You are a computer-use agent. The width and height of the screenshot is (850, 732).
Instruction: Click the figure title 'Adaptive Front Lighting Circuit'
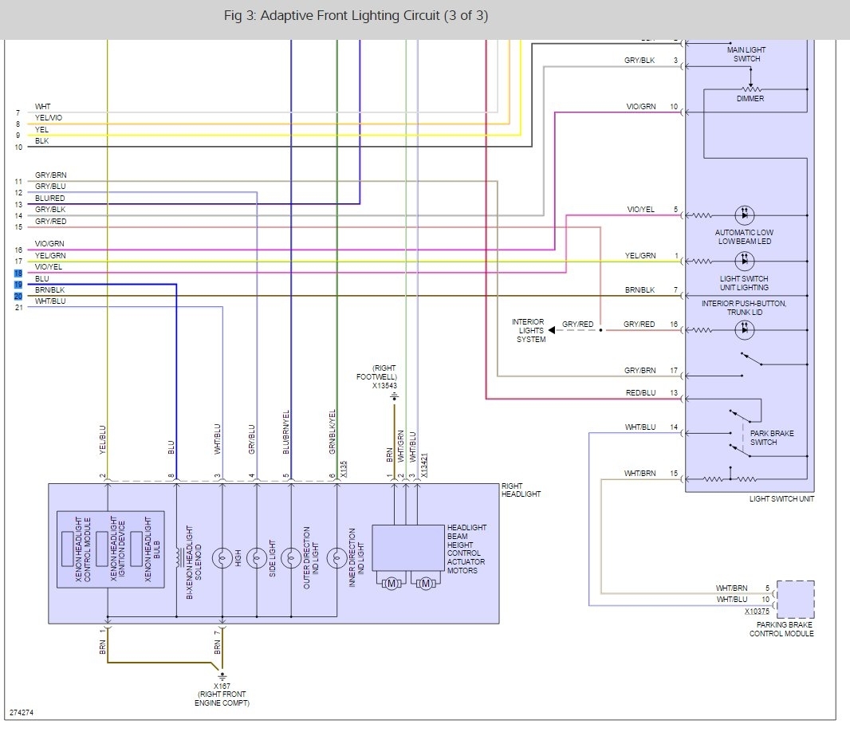350,16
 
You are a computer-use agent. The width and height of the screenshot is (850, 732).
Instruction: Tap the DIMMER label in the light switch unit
750,99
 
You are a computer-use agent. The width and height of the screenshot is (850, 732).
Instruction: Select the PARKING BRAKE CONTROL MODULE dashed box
795,600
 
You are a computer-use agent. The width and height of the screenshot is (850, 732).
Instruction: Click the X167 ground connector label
222,686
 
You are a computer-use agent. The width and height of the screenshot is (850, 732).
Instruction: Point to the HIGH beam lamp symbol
222,558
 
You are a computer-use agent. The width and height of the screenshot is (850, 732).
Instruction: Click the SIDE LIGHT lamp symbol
257,558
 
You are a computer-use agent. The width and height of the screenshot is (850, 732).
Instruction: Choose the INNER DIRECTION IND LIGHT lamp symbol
336,558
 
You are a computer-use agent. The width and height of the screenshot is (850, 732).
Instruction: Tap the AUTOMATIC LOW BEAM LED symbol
744,215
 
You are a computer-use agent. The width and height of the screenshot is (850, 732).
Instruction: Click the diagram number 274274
22,713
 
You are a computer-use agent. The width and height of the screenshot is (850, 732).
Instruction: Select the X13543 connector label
384,385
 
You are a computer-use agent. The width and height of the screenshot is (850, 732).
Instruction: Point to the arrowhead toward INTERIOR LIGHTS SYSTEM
551,329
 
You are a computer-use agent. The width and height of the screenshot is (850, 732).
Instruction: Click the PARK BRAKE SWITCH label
771,438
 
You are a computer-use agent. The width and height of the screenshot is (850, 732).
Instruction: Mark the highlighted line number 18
18,274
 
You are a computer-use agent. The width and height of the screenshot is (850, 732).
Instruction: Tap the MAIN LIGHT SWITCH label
746,54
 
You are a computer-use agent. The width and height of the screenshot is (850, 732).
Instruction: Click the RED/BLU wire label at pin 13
641,392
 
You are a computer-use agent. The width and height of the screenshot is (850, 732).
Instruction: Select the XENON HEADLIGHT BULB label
152,549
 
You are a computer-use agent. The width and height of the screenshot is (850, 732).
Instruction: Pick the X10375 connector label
757,611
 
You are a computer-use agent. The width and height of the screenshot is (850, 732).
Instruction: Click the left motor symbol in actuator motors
392,584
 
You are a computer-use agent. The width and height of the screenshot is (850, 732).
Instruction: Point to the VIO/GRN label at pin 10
641,107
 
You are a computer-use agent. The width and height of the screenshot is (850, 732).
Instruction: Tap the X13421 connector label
424,465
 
